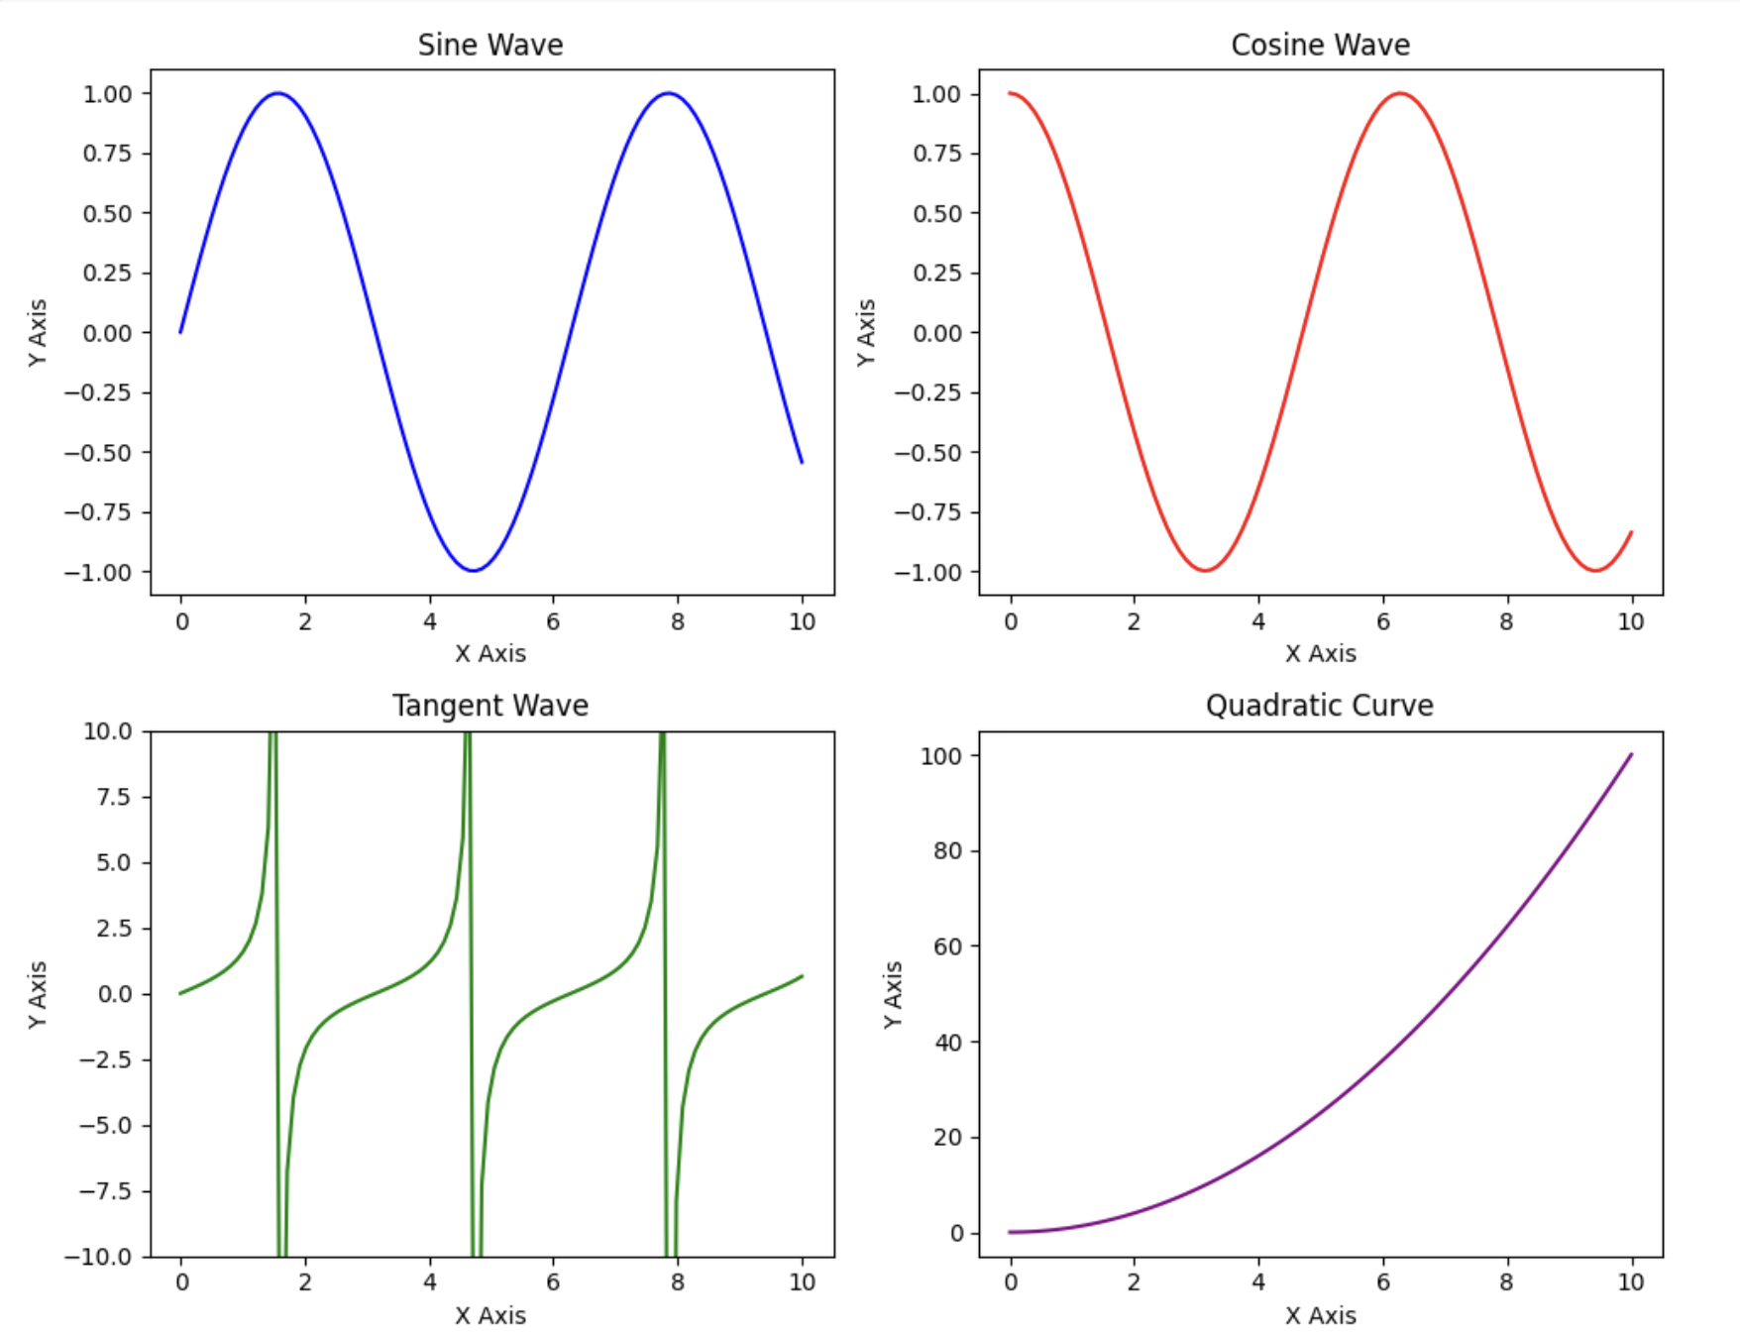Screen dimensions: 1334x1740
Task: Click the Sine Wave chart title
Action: click(x=489, y=45)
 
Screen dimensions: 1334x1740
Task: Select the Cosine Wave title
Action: click(x=1320, y=45)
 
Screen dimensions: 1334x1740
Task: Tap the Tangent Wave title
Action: click(x=489, y=706)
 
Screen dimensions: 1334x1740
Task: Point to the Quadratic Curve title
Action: click(x=1319, y=706)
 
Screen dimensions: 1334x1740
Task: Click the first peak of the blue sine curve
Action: click(x=278, y=93)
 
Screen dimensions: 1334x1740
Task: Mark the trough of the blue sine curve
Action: click(x=474, y=571)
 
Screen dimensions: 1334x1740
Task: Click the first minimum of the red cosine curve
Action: click(x=1205, y=571)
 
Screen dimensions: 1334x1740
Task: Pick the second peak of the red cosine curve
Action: click(x=1400, y=93)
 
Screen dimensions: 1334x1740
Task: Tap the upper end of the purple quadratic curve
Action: click(x=1631, y=754)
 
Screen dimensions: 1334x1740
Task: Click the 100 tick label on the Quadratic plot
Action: click(x=940, y=756)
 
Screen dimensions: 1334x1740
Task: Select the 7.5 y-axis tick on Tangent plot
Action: click(x=113, y=797)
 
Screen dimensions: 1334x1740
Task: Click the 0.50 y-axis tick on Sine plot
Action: click(x=107, y=213)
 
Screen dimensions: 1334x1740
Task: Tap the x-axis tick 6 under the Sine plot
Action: click(x=553, y=621)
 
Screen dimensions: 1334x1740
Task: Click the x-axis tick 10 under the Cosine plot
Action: click(x=1631, y=621)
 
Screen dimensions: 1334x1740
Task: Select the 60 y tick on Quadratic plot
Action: click(x=947, y=946)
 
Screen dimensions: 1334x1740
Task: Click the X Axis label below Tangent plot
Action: click(x=489, y=1315)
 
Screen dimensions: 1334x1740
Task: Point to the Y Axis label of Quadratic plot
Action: click(x=893, y=994)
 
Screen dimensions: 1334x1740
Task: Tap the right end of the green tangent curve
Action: click(x=802, y=976)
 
